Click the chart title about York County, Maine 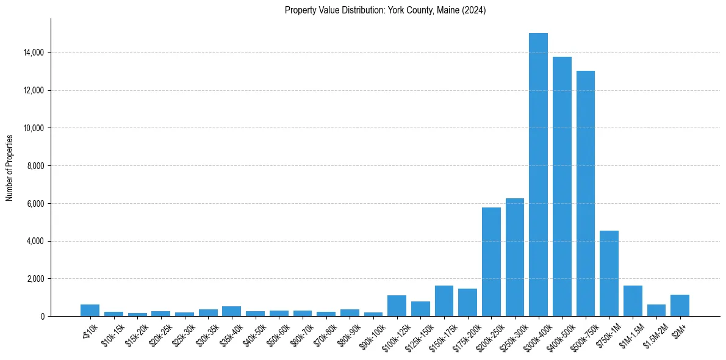coord(385,10)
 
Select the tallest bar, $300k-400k coord(538,175)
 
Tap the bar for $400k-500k coord(562,186)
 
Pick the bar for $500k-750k coord(586,193)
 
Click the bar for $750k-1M coord(609,273)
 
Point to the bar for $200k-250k coord(491,262)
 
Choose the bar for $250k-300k coord(515,257)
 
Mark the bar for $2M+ coord(680,306)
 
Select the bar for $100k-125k coord(397,306)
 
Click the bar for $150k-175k coord(444,301)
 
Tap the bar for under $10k coord(90,311)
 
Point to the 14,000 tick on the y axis coord(32,53)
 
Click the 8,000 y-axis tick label coord(34,166)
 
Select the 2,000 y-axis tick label coord(34,279)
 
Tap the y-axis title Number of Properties coord(10,168)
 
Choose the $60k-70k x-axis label coord(299,333)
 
